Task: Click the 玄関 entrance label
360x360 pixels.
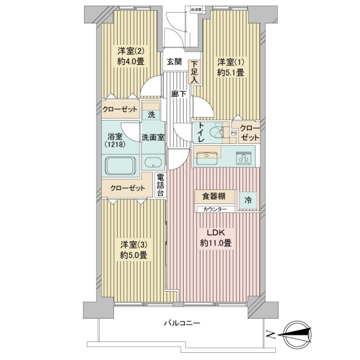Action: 174,62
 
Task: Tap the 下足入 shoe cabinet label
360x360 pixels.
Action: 194,71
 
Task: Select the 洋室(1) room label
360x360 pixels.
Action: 230,65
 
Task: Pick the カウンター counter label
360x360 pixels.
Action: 214,209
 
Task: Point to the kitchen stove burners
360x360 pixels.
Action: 245,158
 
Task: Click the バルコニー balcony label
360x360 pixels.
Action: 182,323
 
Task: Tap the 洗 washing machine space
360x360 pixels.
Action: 151,114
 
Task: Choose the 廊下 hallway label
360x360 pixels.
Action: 177,94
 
